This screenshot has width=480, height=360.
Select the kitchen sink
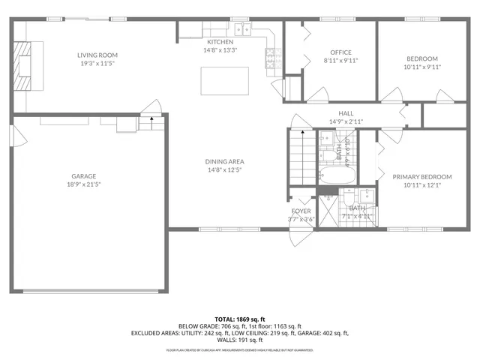[243, 29]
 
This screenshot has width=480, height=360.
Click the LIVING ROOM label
[97, 55]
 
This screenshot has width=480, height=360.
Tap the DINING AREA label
[225, 161]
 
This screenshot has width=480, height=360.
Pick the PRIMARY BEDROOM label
[422, 176]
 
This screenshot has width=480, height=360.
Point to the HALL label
[346, 113]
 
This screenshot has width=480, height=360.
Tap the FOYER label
[301, 211]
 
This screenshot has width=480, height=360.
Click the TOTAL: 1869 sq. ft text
[239, 319]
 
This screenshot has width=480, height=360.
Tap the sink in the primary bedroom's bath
[371, 199]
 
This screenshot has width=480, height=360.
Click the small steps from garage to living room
[151, 118]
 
